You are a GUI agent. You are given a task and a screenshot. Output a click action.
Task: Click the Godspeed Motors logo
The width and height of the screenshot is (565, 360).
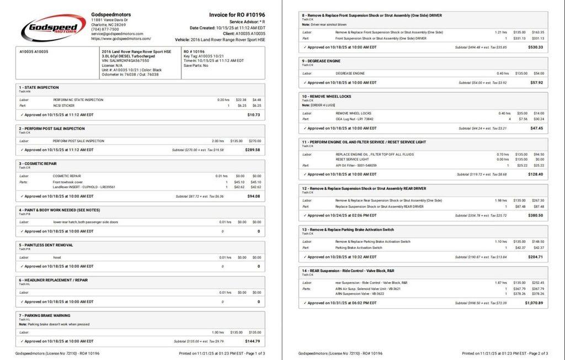(53, 28)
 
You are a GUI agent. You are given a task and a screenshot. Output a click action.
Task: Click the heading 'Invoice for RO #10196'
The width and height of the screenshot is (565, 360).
(237, 15)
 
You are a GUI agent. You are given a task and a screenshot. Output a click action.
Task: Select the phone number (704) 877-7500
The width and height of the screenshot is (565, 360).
(105, 29)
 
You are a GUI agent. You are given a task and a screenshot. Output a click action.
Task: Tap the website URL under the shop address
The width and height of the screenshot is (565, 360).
(121, 39)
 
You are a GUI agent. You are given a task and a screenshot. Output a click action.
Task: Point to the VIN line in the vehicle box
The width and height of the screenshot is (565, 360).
(125, 61)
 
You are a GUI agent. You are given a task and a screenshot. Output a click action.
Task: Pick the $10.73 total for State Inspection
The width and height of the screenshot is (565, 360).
(254, 115)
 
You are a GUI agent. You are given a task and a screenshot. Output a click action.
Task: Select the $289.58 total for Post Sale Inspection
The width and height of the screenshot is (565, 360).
(252, 150)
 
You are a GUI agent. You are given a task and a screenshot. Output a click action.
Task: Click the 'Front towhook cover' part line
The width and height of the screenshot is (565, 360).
(68, 182)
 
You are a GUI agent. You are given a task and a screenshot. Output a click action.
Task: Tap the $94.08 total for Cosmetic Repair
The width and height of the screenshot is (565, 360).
(254, 196)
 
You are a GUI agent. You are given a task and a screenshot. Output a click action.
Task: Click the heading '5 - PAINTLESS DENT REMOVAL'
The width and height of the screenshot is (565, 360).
(46, 245)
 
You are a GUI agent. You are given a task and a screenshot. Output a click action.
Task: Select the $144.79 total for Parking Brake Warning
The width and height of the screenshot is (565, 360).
(253, 341)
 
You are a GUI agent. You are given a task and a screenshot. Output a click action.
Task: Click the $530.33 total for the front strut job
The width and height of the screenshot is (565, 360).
(535, 47)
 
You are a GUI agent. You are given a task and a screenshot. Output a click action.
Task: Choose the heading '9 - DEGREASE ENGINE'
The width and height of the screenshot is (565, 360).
(321, 61)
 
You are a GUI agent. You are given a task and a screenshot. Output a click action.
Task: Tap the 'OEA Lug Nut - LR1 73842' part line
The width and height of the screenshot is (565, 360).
(354, 119)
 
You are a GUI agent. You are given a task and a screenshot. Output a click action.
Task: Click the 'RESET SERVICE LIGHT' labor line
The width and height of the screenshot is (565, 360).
(353, 159)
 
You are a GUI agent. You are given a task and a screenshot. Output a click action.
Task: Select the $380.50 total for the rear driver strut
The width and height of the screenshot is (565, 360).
(535, 215)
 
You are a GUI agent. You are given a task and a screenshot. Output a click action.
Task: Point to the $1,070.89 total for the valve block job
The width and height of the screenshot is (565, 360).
(534, 303)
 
